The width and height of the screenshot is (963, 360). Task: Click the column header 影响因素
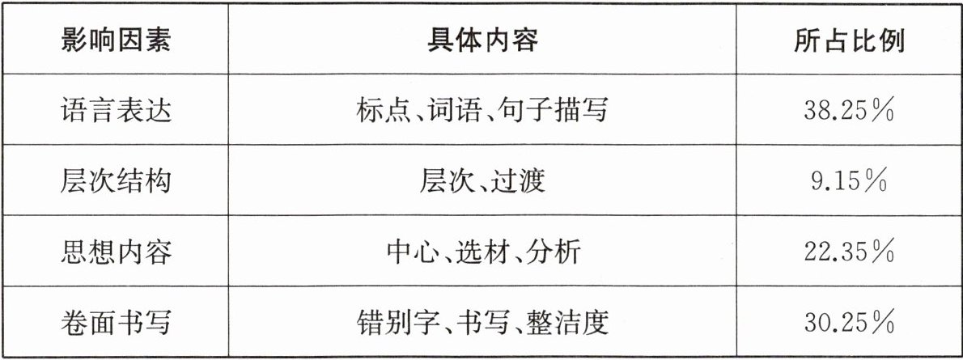(117, 41)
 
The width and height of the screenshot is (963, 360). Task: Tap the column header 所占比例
(849, 41)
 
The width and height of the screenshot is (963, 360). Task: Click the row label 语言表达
(117, 111)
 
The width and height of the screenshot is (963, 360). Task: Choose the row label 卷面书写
(117, 321)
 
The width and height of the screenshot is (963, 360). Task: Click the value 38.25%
(849, 111)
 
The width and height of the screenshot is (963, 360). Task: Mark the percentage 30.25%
(849, 321)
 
